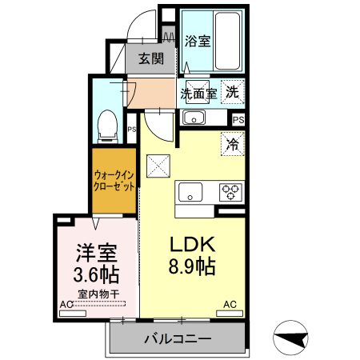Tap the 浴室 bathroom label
pyautogui.click(x=198, y=40)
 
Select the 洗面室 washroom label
pyautogui.click(x=197, y=93)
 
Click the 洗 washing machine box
pyautogui.click(x=232, y=92)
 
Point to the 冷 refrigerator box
pyautogui.click(x=233, y=145)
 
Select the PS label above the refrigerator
pyautogui.click(x=238, y=119)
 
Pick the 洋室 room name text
pyautogui.click(x=96, y=254)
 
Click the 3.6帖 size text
pyautogui.click(x=96, y=275)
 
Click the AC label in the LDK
pyautogui.click(x=230, y=304)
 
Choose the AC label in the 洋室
pyautogui.click(x=66, y=304)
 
